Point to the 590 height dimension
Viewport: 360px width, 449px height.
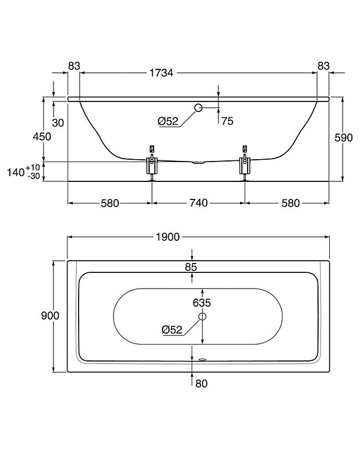[344, 138]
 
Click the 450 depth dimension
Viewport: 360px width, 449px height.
[43, 136]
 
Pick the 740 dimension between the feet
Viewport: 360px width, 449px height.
[198, 203]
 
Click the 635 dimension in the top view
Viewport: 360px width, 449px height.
[202, 303]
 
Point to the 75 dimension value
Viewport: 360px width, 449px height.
[227, 121]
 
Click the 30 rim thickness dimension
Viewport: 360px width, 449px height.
[58, 122]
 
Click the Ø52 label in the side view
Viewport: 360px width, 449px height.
[168, 121]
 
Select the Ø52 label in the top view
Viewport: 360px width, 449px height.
[172, 329]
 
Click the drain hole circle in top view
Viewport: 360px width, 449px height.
[202, 316]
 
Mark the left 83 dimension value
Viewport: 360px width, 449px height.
[73, 66]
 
